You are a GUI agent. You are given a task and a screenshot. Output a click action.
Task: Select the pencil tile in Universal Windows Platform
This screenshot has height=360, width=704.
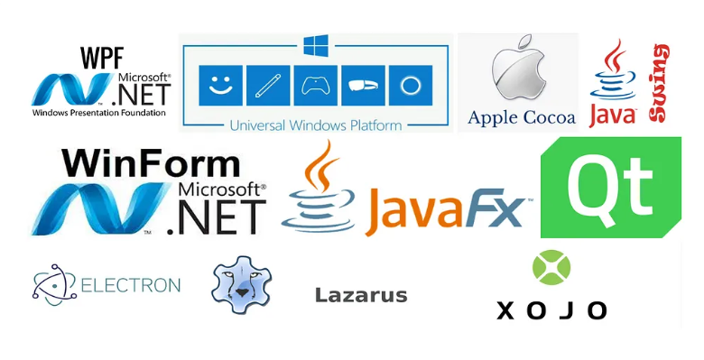coord(266,87)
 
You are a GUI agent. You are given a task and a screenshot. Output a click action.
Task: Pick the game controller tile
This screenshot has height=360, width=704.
coord(315,87)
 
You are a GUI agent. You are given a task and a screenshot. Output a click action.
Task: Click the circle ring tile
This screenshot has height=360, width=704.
coord(411,87)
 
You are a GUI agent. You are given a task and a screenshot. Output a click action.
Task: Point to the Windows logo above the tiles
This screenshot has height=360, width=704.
coord(316,45)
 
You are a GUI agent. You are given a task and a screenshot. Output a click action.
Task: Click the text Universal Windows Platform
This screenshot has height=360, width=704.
coord(316,125)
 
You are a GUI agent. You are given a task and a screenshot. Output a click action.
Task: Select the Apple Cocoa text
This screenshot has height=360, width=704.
coord(522,117)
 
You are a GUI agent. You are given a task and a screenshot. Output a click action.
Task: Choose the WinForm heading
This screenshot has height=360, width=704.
coord(151,163)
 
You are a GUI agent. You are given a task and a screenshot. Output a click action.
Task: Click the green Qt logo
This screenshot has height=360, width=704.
coord(610,187)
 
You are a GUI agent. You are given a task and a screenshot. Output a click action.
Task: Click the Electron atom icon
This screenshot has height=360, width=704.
coord(54,286)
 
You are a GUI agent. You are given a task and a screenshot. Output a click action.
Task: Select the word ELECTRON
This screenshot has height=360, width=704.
coord(131,286)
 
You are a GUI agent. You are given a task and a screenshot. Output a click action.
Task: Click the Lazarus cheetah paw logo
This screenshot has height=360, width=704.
coord(241,286)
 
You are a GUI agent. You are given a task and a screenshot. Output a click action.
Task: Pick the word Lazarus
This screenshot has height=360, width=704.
coord(361,295)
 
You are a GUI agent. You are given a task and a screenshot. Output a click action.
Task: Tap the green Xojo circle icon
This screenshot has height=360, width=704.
coord(551,269)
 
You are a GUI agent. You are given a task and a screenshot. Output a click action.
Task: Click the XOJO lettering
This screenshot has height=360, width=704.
coord(551,310)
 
